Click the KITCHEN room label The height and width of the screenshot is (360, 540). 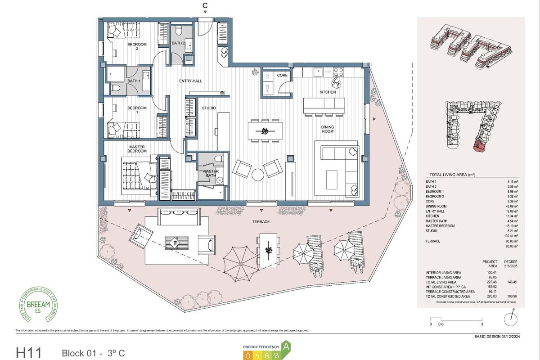tap(328, 92)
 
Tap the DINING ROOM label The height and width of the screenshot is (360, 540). tap(327, 130)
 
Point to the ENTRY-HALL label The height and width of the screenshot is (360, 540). tap(191, 81)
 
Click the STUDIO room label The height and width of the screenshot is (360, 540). tap(209, 108)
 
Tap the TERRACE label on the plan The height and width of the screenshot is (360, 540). tap(261, 222)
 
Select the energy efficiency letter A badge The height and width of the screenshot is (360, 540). tap(285, 346)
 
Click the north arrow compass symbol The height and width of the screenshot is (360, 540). tap(510, 319)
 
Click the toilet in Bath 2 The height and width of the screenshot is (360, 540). tap(179, 30)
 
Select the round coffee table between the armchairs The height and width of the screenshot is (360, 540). tap(258, 174)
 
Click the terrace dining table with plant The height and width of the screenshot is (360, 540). tap(269, 249)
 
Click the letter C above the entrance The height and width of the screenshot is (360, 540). tap(205, 5)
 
